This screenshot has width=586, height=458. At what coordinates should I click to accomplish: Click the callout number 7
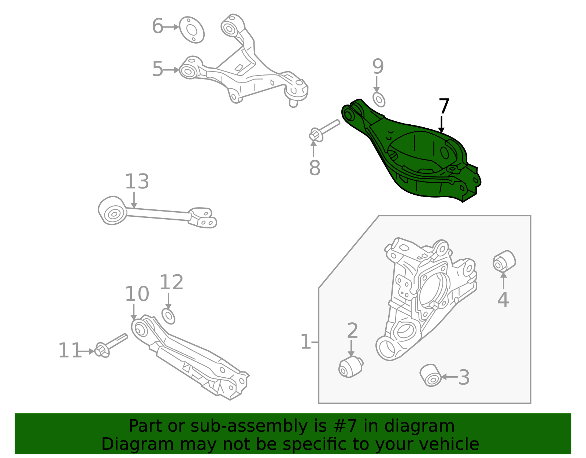[x=444, y=106]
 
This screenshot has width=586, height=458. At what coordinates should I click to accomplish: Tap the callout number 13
[x=137, y=182]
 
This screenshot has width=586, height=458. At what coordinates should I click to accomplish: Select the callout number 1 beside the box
[x=305, y=342]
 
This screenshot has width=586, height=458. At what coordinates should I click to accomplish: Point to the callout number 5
[x=157, y=69]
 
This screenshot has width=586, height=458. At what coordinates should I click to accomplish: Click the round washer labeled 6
[x=192, y=30]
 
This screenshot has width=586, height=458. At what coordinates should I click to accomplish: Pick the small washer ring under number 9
[x=379, y=99]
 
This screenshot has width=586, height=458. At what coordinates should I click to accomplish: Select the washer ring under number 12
[x=168, y=316]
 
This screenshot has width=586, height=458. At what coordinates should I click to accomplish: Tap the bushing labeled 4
[x=504, y=261]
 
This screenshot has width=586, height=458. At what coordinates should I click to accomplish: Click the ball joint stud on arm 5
[x=293, y=100]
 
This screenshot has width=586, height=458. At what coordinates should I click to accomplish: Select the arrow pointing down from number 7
[x=442, y=125]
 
